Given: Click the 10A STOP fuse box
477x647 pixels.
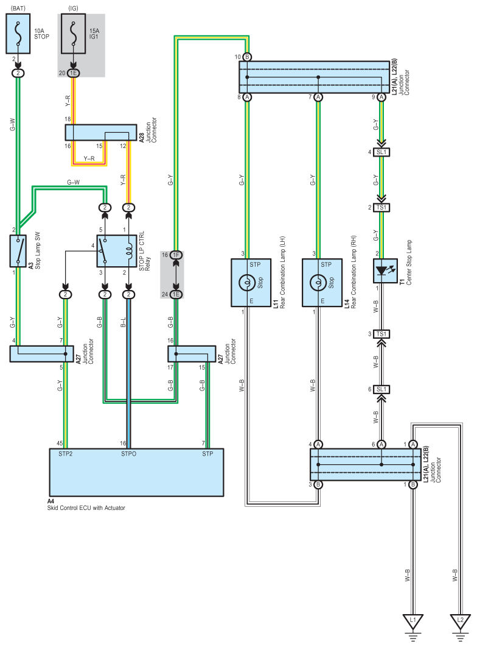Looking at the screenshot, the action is click(x=18, y=34).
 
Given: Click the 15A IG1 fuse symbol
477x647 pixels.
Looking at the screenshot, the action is click(x=74, y=34).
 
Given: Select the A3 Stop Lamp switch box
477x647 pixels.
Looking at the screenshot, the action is click(x=18, y=251).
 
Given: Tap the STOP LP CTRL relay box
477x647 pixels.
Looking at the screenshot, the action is click(x=117, y=251).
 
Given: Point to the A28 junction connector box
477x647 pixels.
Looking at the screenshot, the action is click(x=101, y=132).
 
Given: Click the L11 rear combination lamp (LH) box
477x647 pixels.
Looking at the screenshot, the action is click(x=251, y=283).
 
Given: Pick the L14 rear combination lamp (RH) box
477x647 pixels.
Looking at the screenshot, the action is click(x=322, y=283).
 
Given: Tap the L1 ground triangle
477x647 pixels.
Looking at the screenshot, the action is click(x=413, y=621).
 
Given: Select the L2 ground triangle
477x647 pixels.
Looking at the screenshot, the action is click(x=460, y=621).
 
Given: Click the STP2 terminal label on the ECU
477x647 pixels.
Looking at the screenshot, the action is click(x=66, y=454).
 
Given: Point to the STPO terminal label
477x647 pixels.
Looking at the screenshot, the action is click(x=128, y=454).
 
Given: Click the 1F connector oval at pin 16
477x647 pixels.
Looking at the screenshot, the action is click(x=176, y=255).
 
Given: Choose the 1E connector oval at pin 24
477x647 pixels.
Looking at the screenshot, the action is click(x=176, y=294).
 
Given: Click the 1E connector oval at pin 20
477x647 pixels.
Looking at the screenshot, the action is click(x=74, y=73).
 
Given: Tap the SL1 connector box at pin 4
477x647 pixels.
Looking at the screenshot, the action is click(x=381, y=152).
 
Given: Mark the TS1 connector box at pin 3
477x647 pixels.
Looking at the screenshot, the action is click(x=381, y=334).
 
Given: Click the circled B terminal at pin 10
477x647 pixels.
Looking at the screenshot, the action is click(x=247, y=57).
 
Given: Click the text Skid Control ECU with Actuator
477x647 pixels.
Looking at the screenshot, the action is click(x=86, y=508).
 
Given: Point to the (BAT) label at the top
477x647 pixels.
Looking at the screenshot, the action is click(x=18, y=9).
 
